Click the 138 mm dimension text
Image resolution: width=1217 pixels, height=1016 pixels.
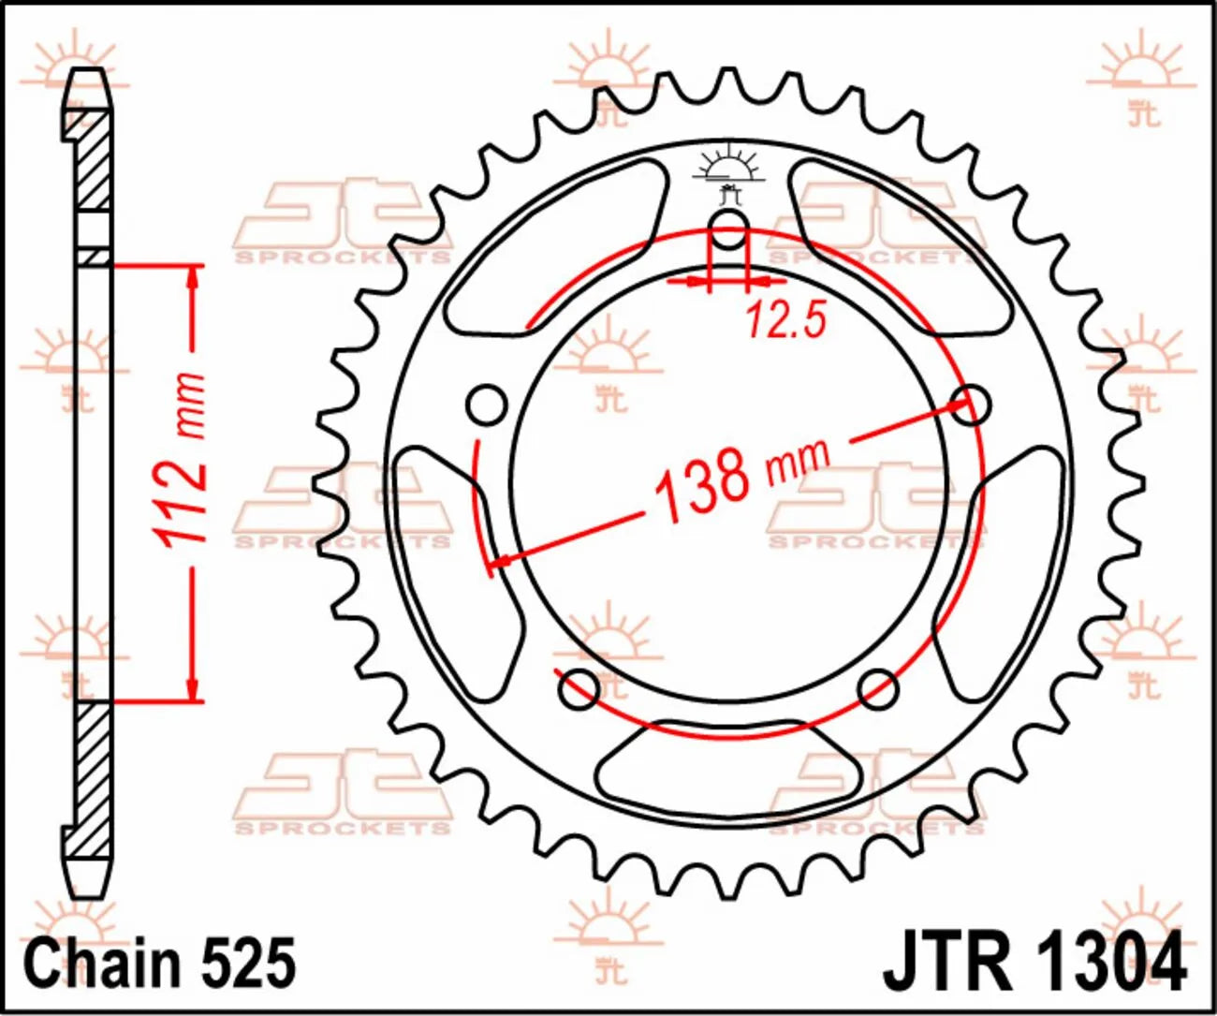(x=740, y=477)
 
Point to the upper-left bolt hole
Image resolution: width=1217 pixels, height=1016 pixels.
(x=486, y=405)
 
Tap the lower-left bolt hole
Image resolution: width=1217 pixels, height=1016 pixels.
(x=579, y=688)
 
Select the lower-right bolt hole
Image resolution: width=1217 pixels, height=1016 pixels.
(x=878, y=688)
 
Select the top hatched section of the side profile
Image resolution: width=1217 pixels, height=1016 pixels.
(x=92, y=159)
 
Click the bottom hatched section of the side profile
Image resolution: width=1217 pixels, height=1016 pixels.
(x=92, y=777)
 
